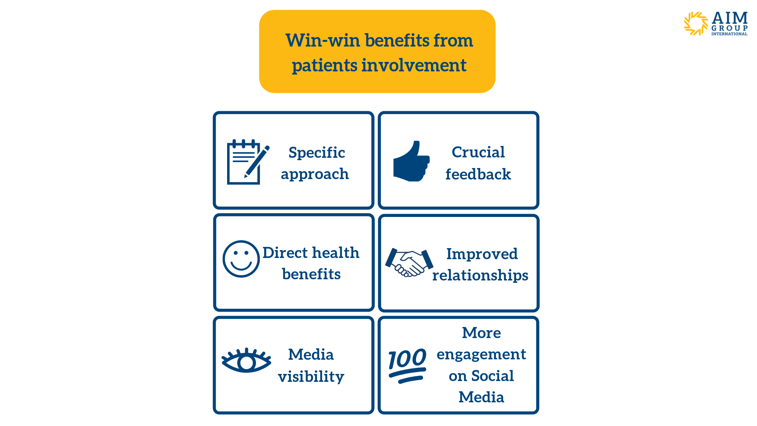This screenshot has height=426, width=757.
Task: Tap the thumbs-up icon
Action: pos(411,161)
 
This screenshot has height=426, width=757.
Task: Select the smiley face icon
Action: pos(241,259)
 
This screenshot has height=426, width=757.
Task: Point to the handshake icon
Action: pos(409,262)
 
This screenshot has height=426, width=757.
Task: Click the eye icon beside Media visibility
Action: pos(246,361)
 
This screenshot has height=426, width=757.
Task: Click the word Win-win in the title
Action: pos(323,40)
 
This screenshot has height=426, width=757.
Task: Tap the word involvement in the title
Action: pos(414,65)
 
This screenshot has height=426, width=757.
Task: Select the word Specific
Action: pos(317,153)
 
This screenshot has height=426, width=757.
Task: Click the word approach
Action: pos(315,174)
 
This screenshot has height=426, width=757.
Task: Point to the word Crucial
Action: pos(478,152)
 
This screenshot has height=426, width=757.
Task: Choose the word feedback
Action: pos(478,174)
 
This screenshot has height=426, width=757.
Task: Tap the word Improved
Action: pos(482,254)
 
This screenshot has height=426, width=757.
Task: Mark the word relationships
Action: pos(480,275)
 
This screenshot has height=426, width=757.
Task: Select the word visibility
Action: pos(311,377)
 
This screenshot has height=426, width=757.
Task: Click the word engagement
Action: pos(481,355)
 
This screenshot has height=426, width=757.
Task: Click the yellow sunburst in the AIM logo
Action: pos(696,24)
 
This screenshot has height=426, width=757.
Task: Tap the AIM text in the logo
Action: pos(730,18)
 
